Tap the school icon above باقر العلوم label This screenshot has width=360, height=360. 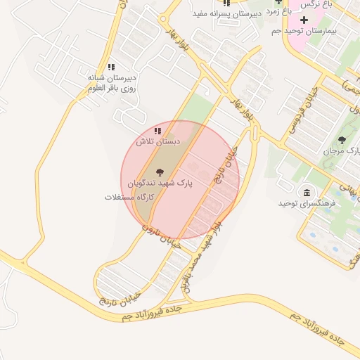[111, 67]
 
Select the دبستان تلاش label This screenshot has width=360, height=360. [157, 141]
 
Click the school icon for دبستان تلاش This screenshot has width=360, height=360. [157, 131]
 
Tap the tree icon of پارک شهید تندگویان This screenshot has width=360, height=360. [160, 171]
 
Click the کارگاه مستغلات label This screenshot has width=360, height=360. [128, 197]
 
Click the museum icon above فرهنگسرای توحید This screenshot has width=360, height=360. [307, 192]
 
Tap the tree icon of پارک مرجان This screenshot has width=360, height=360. [342, 140]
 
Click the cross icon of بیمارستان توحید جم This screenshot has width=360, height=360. [304, 19]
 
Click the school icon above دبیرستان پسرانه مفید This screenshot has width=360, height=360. [226, 3]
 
